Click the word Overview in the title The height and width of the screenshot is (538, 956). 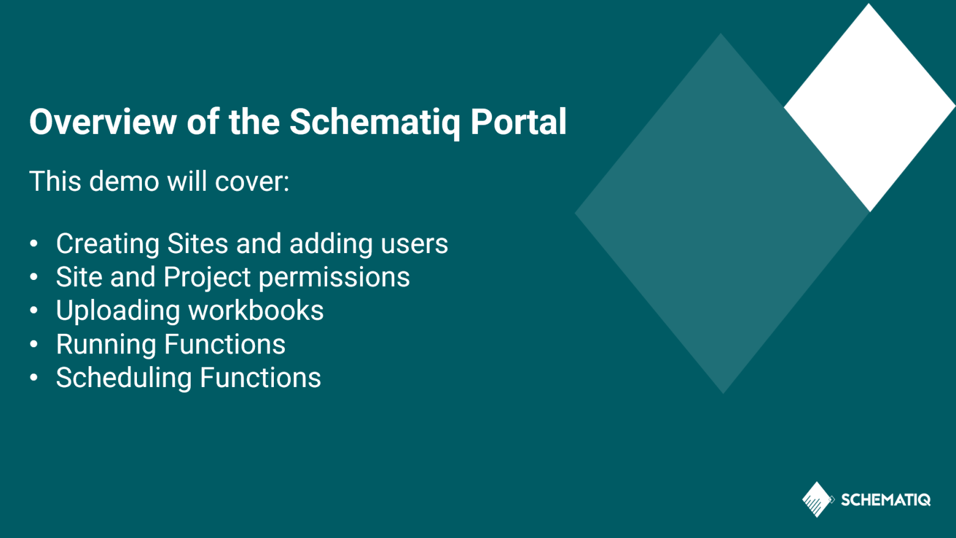103,122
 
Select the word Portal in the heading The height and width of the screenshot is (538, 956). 518,122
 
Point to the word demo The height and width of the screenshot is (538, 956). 124,181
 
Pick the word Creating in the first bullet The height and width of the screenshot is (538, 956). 108,244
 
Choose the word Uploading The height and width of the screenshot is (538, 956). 118,311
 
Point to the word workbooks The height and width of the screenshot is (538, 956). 256,311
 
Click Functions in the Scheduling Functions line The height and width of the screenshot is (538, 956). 260,377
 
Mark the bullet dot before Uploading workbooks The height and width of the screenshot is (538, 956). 34,311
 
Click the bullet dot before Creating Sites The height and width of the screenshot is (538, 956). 34,243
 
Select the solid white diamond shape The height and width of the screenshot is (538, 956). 869,108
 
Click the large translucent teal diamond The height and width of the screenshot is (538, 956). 721,213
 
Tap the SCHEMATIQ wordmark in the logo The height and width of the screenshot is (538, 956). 886,499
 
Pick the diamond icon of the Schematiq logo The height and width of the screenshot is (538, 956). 817,499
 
